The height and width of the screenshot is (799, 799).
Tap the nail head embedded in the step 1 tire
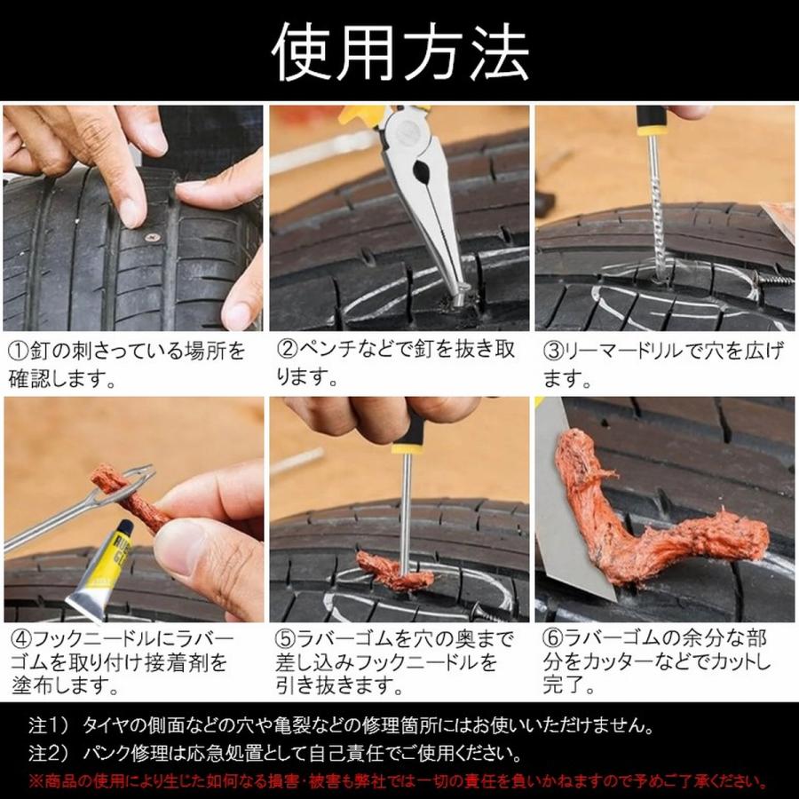pos(152,237)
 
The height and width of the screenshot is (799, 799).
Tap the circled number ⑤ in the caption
pos(284,639)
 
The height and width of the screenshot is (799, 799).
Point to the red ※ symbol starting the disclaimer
pos(36,782)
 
